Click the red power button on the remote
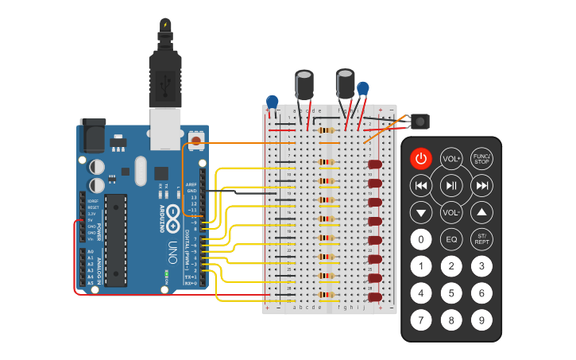coord(421,158)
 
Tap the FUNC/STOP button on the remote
coord(481,158)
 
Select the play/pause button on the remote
coord(451,186)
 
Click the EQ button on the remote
coord(451,238)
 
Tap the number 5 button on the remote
coord(451,293)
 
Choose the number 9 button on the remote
coord(481,320)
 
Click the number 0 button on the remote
coord(421,238)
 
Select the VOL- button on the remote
coord(451,212)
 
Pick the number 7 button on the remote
coord(421,320)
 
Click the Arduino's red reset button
coord(195,141)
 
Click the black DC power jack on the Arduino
coord(94,134)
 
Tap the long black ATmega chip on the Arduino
coord(115,238)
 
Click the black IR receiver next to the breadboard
coord(419,122)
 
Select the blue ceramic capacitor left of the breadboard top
coord(273,102)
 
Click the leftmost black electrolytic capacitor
coord(304,84)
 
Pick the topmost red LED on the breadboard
coord(375,165)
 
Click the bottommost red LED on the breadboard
coord(375,297)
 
